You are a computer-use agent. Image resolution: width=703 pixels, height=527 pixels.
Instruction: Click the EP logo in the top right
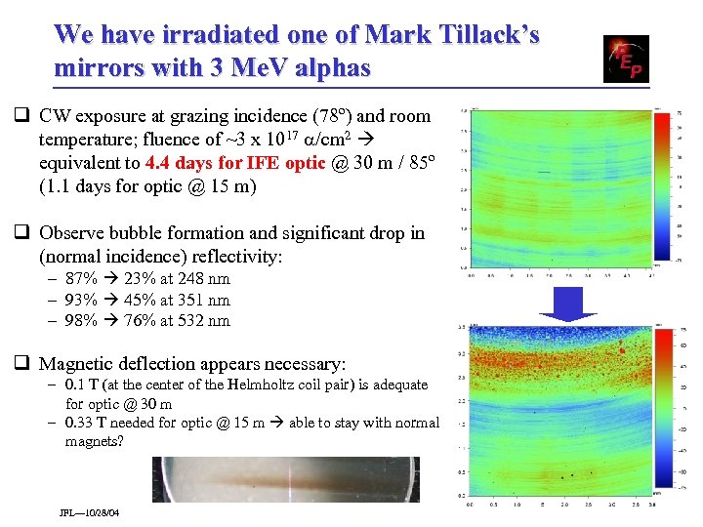click(x=625, y=59)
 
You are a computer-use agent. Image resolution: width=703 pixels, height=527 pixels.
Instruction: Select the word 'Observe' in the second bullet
click(x=71, y=233)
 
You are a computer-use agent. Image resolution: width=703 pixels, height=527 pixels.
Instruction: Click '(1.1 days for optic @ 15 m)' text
click(x=147, y=185)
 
